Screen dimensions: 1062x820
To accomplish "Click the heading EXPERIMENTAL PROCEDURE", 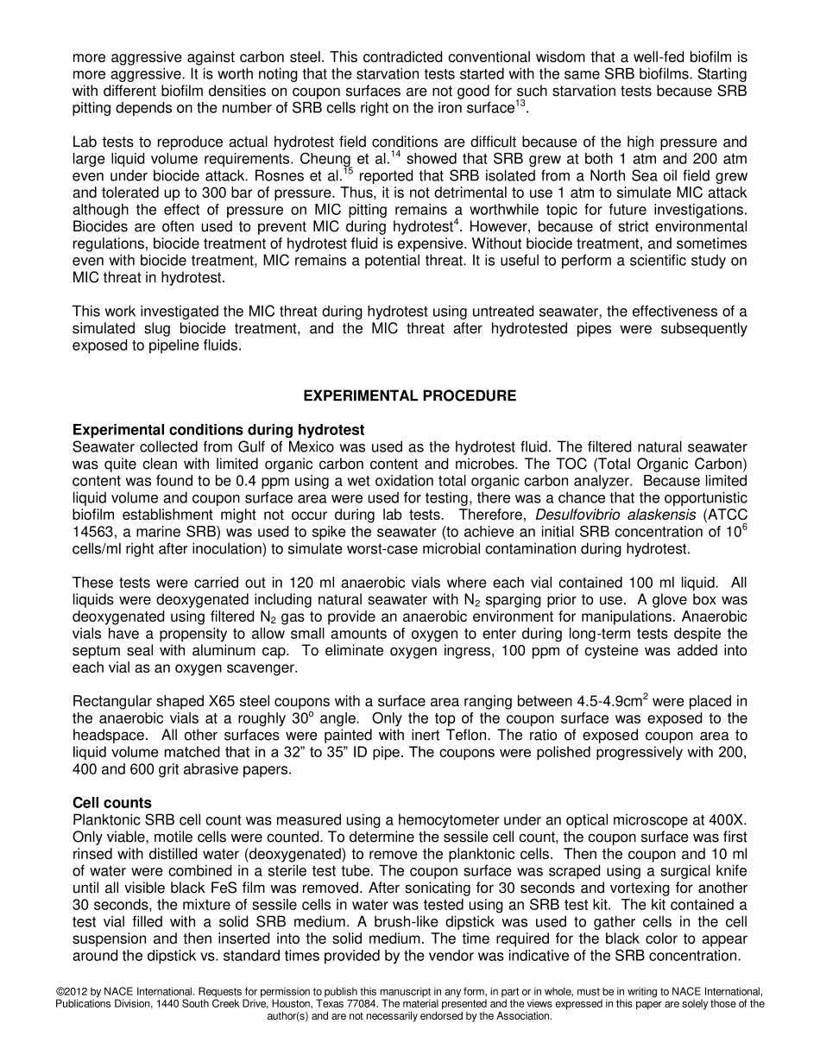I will click(410, 396).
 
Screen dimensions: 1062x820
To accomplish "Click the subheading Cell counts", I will click(111, 803).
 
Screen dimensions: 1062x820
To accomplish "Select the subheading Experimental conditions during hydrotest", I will click(218, 430).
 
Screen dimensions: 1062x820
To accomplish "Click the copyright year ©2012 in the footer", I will click(73, 992).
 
